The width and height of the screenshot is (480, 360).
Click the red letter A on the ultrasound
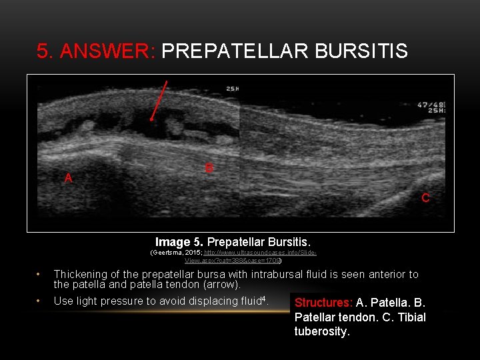point(68,178)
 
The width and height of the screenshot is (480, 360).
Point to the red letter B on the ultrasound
point(209,169)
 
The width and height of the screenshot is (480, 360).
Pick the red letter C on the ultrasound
point(425,198)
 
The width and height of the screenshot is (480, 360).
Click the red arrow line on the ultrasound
point(160,100)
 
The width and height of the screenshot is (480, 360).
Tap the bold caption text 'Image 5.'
point(180,241)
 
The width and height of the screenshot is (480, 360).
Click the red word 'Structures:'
point(323,303)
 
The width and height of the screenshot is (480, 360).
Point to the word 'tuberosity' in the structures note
point(321,331)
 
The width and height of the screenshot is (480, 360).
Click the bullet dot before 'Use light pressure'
point(39,301)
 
